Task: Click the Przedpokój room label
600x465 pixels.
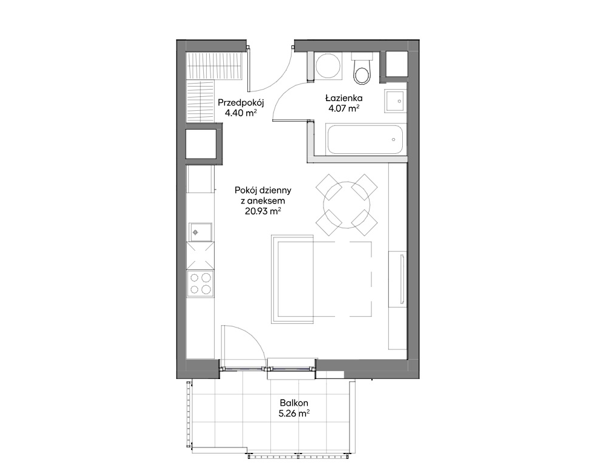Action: (x=241, y=103)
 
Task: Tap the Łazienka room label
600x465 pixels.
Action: (x=344, y=97)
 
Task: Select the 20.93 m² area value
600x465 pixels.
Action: (x=263, y=211)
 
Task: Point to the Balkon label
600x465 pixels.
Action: (x=294, y=403)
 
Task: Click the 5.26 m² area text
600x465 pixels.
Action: (x=294, y=414)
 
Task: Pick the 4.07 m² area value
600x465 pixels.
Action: (x=344, y=108)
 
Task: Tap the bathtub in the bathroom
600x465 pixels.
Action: (x=364, y=139)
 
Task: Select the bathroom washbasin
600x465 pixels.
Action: (x=395, y=101)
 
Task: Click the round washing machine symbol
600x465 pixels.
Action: (x=328, y=65)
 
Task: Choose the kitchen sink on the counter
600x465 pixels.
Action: (x=200, y=232)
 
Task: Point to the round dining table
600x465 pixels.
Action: (x=347, y=205)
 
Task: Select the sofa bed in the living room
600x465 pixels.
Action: (x=292, y=279)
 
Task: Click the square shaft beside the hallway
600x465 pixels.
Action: (x=201, y=143)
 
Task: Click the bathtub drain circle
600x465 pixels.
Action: (x=393, y=140)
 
